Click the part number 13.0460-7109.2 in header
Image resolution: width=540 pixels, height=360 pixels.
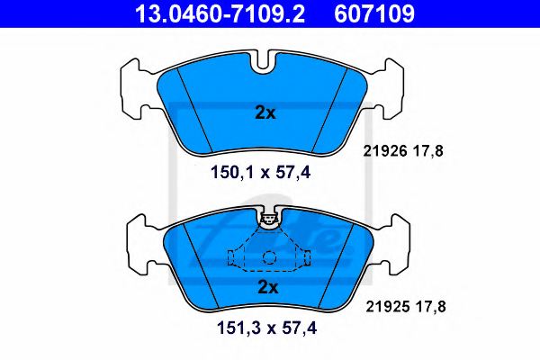tap(220, 13)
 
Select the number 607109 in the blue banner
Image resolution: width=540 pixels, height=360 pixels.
tap(374, 13)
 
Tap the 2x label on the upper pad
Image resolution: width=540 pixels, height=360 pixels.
tap(265, 112)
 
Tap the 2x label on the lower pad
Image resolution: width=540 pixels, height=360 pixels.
tap(268, 287)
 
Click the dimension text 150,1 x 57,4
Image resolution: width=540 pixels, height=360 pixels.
tap(261, 172)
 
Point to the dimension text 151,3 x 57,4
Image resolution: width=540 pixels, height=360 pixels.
tap(266, 328)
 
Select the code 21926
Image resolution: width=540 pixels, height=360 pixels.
tap(385, 151)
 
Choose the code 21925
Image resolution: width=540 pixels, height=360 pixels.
tap(388, 306)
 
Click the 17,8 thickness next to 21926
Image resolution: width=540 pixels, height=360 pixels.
tap(428, 151)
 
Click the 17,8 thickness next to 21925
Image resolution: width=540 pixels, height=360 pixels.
tap(431, 306)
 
